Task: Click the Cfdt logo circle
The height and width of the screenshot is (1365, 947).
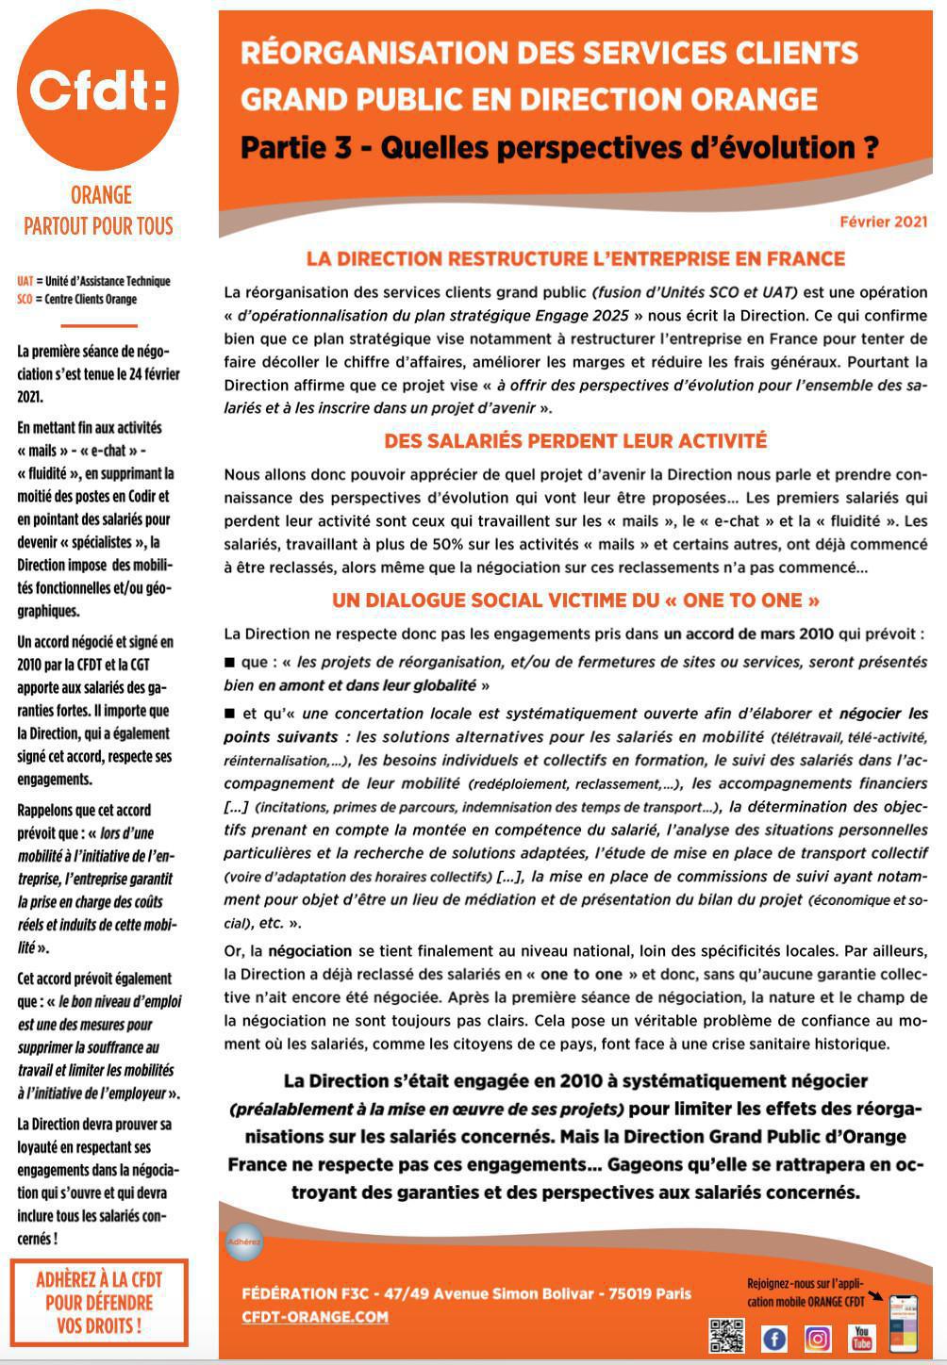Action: pos(98,91)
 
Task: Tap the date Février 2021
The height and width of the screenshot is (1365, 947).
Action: pos(883,222)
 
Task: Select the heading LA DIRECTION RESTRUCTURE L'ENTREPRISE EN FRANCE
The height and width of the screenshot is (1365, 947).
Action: pos(575,258)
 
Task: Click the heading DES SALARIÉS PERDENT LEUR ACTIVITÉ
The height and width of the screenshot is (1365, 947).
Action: pos(575,441)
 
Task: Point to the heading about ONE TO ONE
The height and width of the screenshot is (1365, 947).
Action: pos(575,600)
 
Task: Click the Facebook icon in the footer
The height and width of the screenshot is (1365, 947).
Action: pos(773,1338)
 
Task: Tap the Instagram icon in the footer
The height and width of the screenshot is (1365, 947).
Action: pos(817,1338)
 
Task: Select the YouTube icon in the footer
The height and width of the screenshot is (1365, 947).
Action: pos(860,1337)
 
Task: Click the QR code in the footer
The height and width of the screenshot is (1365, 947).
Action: pos(726,1336)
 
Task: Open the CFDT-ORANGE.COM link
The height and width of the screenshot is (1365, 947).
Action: pos(314,1317)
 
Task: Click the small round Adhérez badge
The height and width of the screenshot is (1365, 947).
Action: pos(243,1242)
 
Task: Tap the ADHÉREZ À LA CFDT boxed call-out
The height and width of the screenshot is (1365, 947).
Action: pos(99,1303)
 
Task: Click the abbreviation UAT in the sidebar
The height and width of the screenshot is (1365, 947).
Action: pos(25,281)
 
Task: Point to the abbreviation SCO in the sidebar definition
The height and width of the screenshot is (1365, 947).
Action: pos(25,299)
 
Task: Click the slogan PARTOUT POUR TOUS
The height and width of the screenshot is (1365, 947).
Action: pos(99,226)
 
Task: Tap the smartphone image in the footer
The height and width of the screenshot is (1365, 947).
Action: pos(903,1323)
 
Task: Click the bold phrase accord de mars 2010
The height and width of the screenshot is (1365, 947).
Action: pos(749,633)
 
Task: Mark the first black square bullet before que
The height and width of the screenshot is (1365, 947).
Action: pos(229,663)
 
